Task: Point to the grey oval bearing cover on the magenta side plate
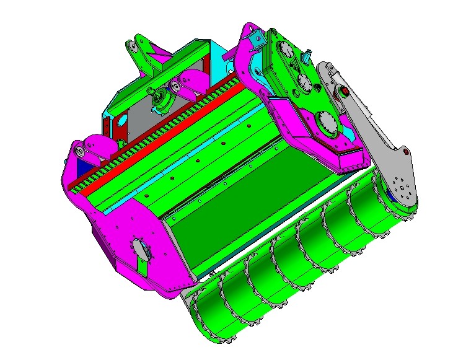tap(141, 250)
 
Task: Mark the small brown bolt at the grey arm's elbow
tap(406, 151)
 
